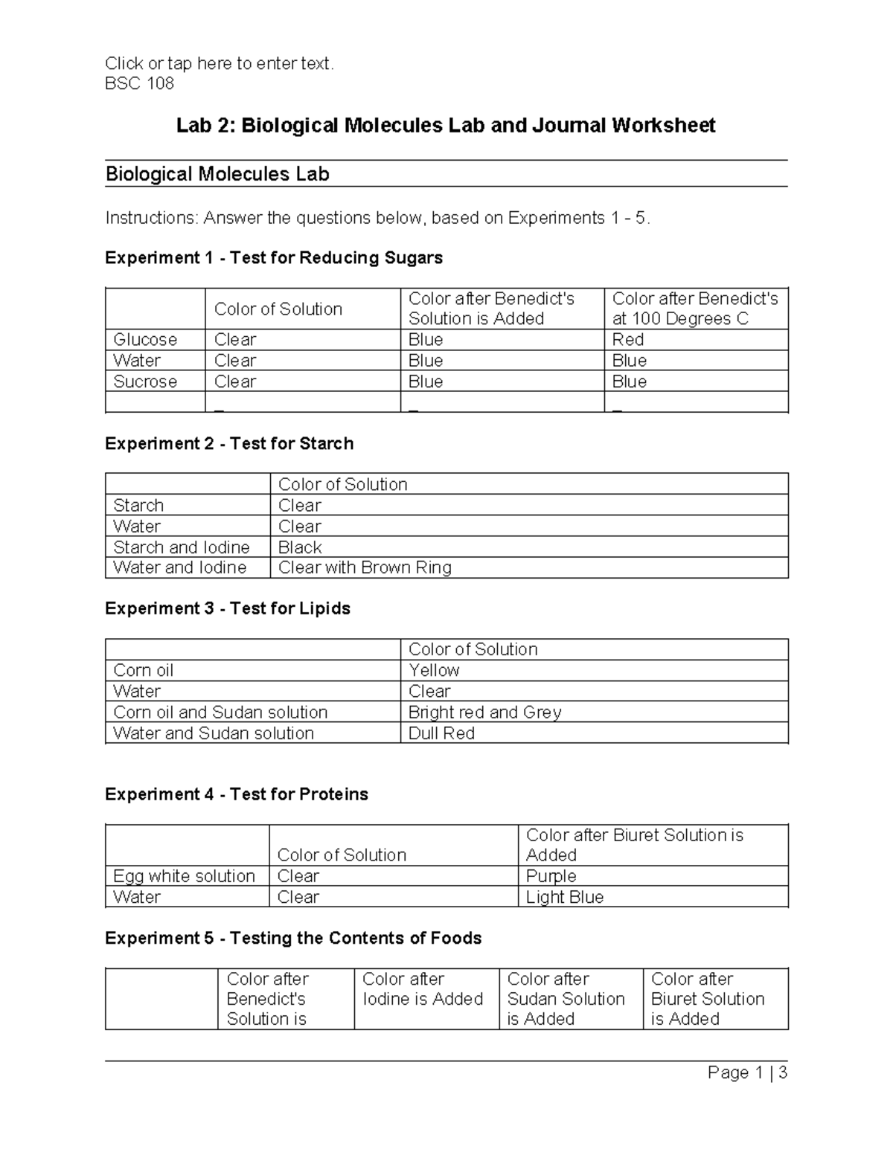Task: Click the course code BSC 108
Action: pyautogui.click(x=139, y=83)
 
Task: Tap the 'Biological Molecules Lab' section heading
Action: pyautogui.click(x=217, y=174)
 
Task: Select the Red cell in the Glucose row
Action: pyautogui.click(x=628, y=340)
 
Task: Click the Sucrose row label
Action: pyautogui.click(x=145, y=382)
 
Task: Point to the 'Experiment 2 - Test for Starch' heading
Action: pyautogui.click(x=229, y=443)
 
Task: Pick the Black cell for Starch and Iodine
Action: pyautogui.click(x=300, y=547)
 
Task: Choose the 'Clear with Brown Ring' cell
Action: pyautogui.click(x=365, y=567)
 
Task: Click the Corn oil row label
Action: pyautogui.click(x=143, y=670)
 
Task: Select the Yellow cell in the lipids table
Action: pyautogui.click(x=434, y=670)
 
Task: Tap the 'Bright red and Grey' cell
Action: pyautogui.click(x=484, y=712)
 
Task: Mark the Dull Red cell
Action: pyautogui.click(x=441, y=733)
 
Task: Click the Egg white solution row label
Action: pyautogui.click(x=184, y=876)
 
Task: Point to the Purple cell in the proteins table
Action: pyautogui.click(x=551, y=876)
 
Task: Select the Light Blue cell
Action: pyautogui.click(x=564, y=897)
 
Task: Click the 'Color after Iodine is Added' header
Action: pyautogui.click(x=423, y=989)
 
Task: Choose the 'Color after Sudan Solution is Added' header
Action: pyautogui.click(x=566, y=999)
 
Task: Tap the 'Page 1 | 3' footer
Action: pyautogui.click(x=747, y=1072)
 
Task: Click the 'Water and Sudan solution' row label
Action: pyautogui.click(x=213, y=733)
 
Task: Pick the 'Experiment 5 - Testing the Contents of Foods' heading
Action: pyautogui.click(x=293, y=938)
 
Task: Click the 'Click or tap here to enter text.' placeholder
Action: pyautogui.click(x=220, y=64)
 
